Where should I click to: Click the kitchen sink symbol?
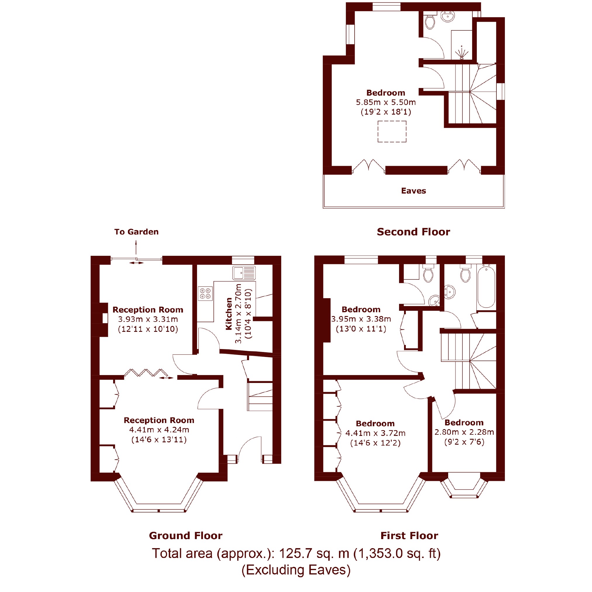pyautogui.click(x=244, y=273)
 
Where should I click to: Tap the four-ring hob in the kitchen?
pyautogui.click(x=205, y=293)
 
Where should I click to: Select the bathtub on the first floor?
pyautogui.click(x=486, y=287)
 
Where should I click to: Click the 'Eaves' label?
pyautogui.click(x=414, y=191)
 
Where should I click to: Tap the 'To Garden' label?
pyautogui.click(x=136, y=232)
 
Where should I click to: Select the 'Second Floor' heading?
pyautogui.click(x=413, y=232)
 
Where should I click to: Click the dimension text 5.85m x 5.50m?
pyautogui.click(x=386, y=102)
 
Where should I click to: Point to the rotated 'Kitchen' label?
pyautogui.click(x=229, y=314)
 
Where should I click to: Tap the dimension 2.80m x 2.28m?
pyautogui.click(x=464, y=432)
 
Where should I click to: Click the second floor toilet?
pyautogui.click(x=430, y=20)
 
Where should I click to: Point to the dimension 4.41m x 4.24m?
pyautogui.click(x=159, y=430)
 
